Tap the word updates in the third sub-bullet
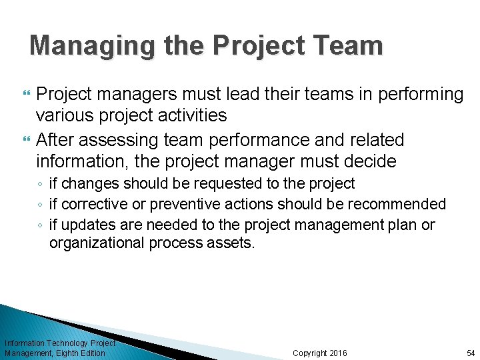(x=84, y=225)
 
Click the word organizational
(x=97, y=243)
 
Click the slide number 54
(x=471, y=353)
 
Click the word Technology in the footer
(x=66, y=343)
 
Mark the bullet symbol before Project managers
(x=27, y=95)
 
